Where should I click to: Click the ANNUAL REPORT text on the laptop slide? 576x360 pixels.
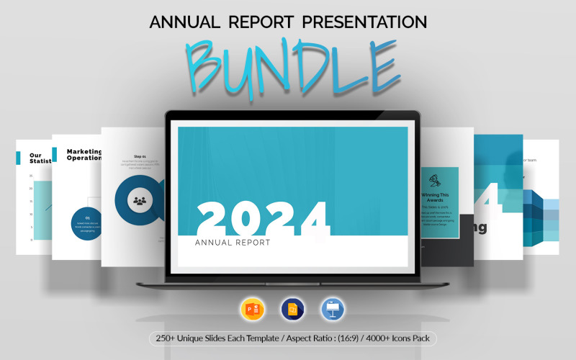[x=233, y=243]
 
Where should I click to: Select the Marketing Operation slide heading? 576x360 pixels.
[x=84, y=155]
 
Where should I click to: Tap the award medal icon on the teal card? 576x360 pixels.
[x=435, y=180]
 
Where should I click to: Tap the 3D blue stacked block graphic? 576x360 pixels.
[x=541, y=216]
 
